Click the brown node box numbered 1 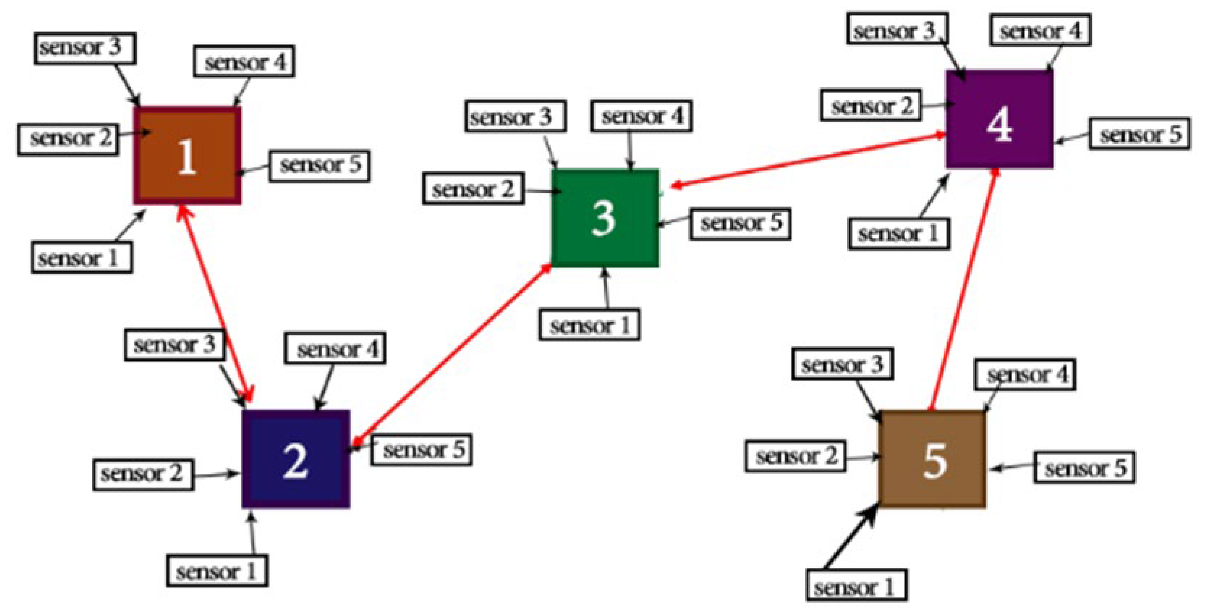tap(187, 155)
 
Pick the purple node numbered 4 tap(999, 119)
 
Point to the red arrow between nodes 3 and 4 tap(805, 161)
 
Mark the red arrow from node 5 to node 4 tap(964, 290)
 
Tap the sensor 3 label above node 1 tap(85, 48)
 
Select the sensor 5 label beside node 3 tap(740, 224)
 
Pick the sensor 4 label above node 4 tap(1040, 30)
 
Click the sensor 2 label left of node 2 tap(143, 474)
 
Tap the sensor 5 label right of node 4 tap(1139, 134)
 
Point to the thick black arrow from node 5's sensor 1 tap(849, 538)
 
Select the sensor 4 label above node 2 tap(335, 348)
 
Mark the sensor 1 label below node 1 tap(81, 257)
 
